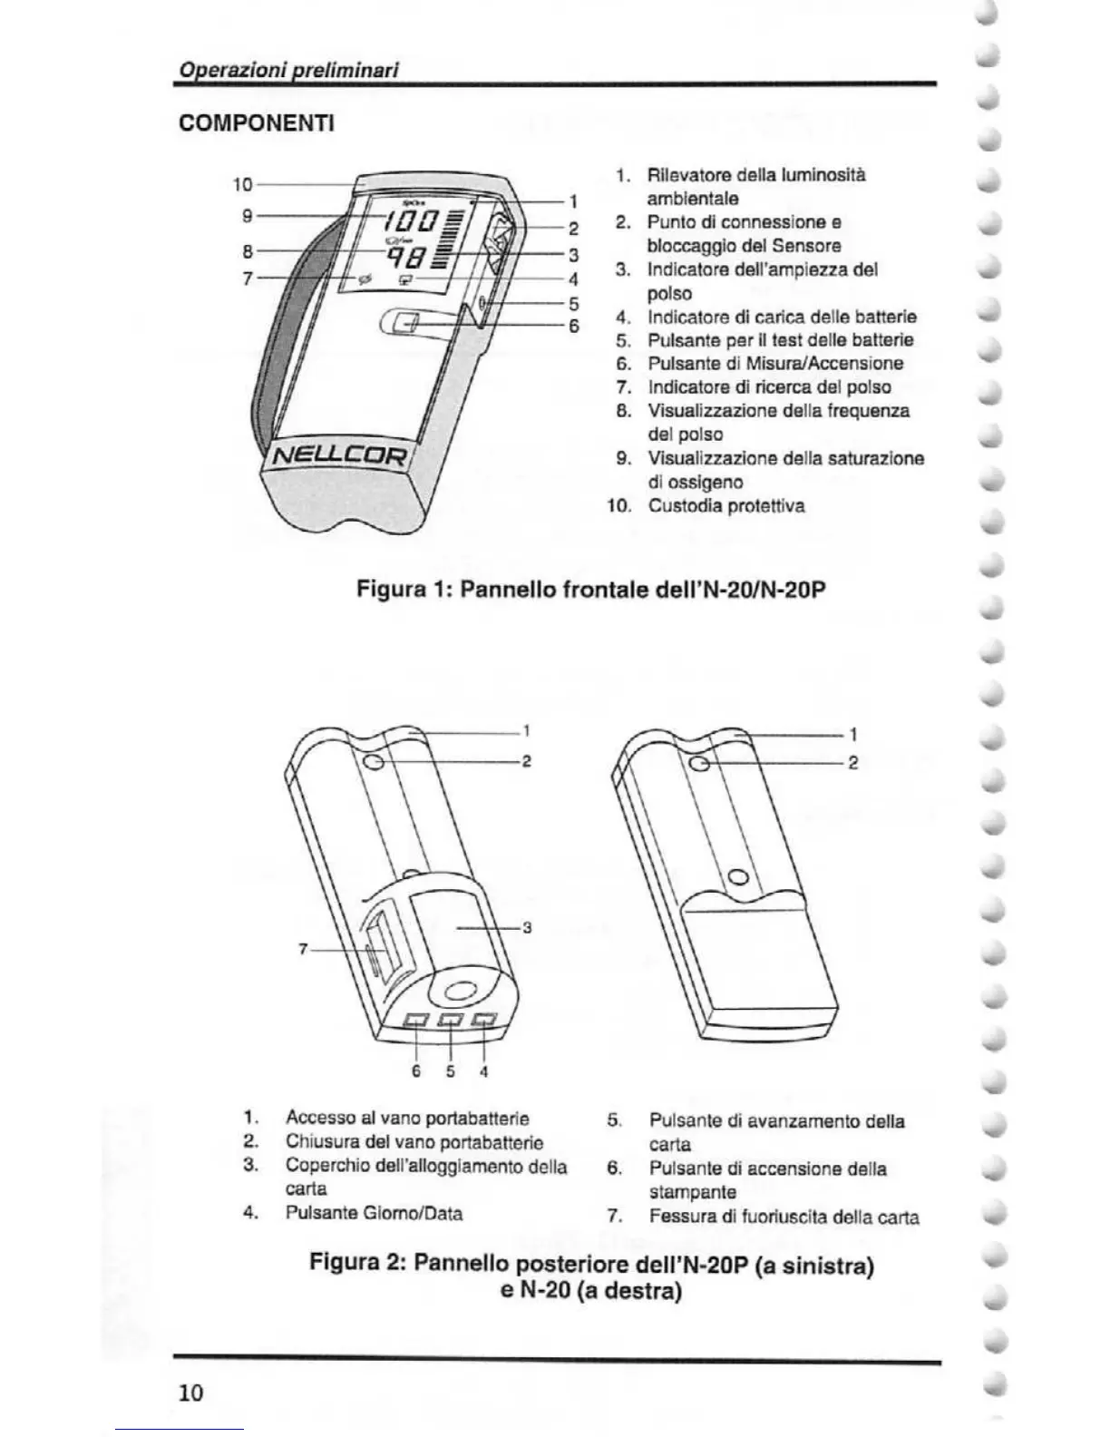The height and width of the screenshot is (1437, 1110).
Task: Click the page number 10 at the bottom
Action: (x=190, y=1393)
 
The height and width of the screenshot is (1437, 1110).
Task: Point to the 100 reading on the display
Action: (x=410, y=220)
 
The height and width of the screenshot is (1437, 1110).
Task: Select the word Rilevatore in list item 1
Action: (x=686, y=174)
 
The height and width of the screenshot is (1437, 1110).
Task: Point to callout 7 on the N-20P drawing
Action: (x=304, y=950)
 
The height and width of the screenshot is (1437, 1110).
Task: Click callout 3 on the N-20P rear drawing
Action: (x=526, y=928)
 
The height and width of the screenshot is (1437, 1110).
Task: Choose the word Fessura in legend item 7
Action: (x=680, y=1217)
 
